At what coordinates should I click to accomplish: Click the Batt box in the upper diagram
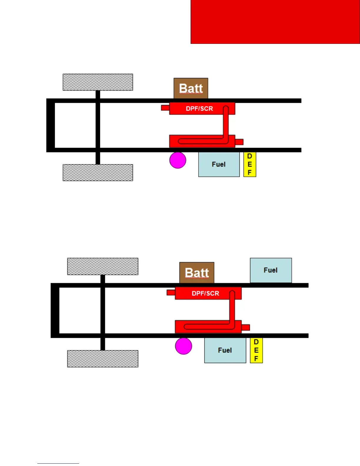[191, 88]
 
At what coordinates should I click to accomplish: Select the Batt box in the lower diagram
[197, 272]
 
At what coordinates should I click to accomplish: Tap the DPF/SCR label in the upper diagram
[199, 109]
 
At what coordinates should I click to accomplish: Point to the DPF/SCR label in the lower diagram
[205, 293]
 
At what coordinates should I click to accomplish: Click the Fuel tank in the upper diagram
[219, 164]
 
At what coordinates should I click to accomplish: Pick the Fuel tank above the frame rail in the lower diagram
[271, 270]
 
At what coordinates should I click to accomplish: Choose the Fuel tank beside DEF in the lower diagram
[225, 350]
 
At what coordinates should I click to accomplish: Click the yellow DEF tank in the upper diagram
[250, 164]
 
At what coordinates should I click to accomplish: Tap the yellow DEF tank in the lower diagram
[256, 350]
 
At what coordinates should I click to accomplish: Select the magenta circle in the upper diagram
[178, 160]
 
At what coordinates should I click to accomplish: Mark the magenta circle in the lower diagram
[184, 346]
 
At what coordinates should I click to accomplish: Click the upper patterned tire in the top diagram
[98, 82]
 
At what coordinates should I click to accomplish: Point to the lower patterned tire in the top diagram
[98, 172]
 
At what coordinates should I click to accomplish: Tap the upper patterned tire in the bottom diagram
[103, 266]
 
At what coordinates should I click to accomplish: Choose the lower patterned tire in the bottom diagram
[103, 359]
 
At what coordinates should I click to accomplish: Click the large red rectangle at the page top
[275, 22]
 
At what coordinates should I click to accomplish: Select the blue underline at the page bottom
[58, 463]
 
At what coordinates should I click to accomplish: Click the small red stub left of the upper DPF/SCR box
[165, 108]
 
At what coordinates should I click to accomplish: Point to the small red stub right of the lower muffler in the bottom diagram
[246, 327]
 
